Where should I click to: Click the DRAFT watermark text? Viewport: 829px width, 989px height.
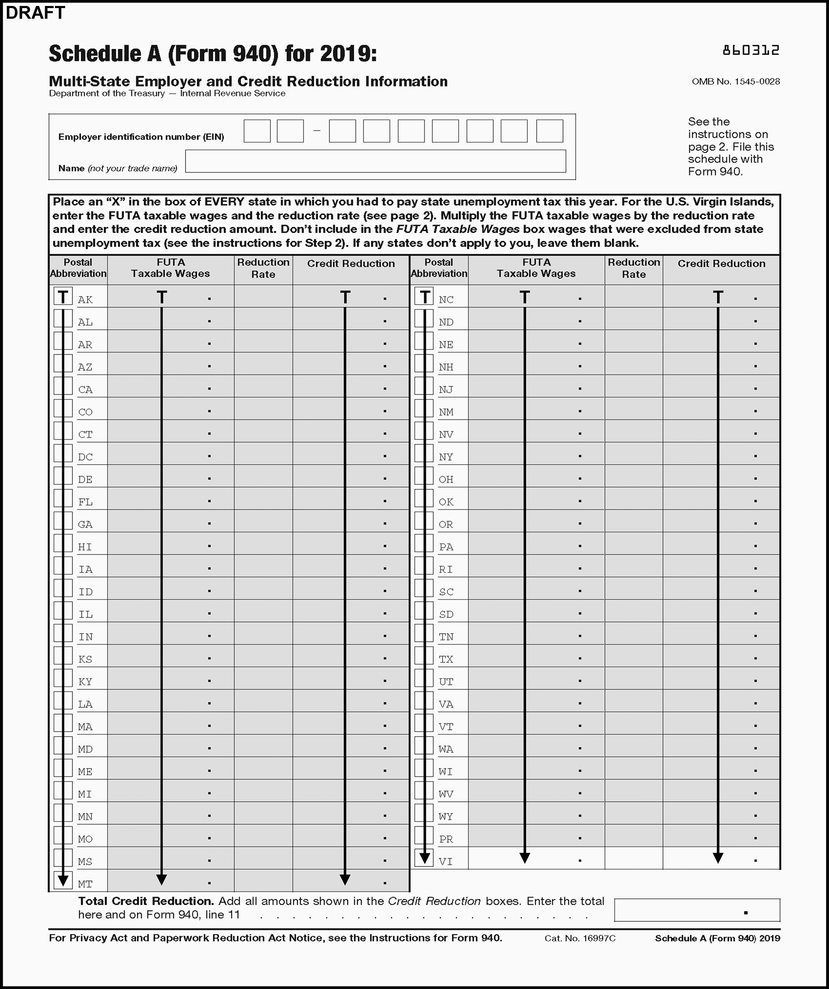[x=35, y=13]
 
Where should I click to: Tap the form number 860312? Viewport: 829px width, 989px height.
[x=751, y=50]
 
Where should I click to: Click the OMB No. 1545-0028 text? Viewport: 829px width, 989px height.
[x=735, y=81]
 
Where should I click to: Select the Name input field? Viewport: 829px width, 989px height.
[x=375, y=161]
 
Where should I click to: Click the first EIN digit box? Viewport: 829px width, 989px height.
[x=257, y=131]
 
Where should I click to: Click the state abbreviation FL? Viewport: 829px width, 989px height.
[x=85, y=502]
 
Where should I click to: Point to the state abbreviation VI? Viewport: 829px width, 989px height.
[x=446, y=861]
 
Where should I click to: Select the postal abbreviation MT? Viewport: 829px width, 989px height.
[x=85, y=884]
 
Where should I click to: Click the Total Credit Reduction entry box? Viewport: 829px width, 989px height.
[x=697, y=910]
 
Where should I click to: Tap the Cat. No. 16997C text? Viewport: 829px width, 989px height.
[x=580, y=938]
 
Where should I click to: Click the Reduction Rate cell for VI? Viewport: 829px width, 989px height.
[x=634, y=858]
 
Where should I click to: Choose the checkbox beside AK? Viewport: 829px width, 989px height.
[x=63, y=297]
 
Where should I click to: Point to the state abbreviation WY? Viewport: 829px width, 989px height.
[x=446, y=817]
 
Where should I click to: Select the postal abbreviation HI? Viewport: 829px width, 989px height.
[x=85, y=547]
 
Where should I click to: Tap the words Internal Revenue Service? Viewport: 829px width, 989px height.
[x=233, y=93]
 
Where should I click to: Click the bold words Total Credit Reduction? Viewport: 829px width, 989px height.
[x=146, y=901]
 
